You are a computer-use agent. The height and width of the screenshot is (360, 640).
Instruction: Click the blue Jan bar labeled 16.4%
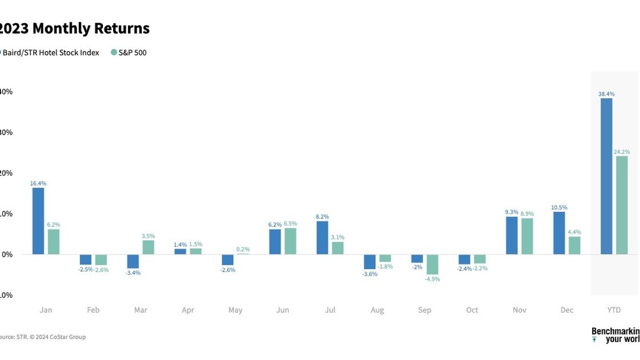pyautogui.click(x=38, y=221)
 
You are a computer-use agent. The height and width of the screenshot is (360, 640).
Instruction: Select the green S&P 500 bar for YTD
pyautogui.click(x=621, y=205)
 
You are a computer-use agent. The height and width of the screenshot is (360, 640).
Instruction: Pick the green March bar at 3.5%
pyautogui.click(x=148, y=247)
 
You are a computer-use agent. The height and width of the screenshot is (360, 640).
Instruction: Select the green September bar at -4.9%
pyautogui.click(x=432, y=264)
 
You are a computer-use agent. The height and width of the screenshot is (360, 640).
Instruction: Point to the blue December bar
pyautogui.click(x=559, y=233)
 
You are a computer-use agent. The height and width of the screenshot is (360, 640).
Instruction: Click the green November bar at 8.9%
pyautogui.click(x=527, y=237)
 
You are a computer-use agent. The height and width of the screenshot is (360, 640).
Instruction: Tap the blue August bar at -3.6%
pyautogui.click(x=370, y=262)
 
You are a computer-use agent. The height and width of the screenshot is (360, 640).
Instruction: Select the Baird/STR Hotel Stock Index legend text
pyautogui.click(x=51, y=52)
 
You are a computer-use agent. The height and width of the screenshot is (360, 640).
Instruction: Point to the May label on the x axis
pyautogui.click(x=235, y=310)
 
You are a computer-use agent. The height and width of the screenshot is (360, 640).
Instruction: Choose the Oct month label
pyautogui.click(x=472, y=310)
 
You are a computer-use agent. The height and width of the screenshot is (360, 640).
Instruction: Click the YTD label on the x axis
pyautogui.click(x=614, y=310)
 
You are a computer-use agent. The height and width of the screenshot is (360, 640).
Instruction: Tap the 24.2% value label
pyautogui.click(x=621, y=152)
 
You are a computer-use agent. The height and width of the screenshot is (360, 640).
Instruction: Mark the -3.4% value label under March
pyautogui.click(x=133, y=273)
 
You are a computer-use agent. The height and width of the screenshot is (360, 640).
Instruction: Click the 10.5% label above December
pyautogui.click(x=559, y=208)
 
